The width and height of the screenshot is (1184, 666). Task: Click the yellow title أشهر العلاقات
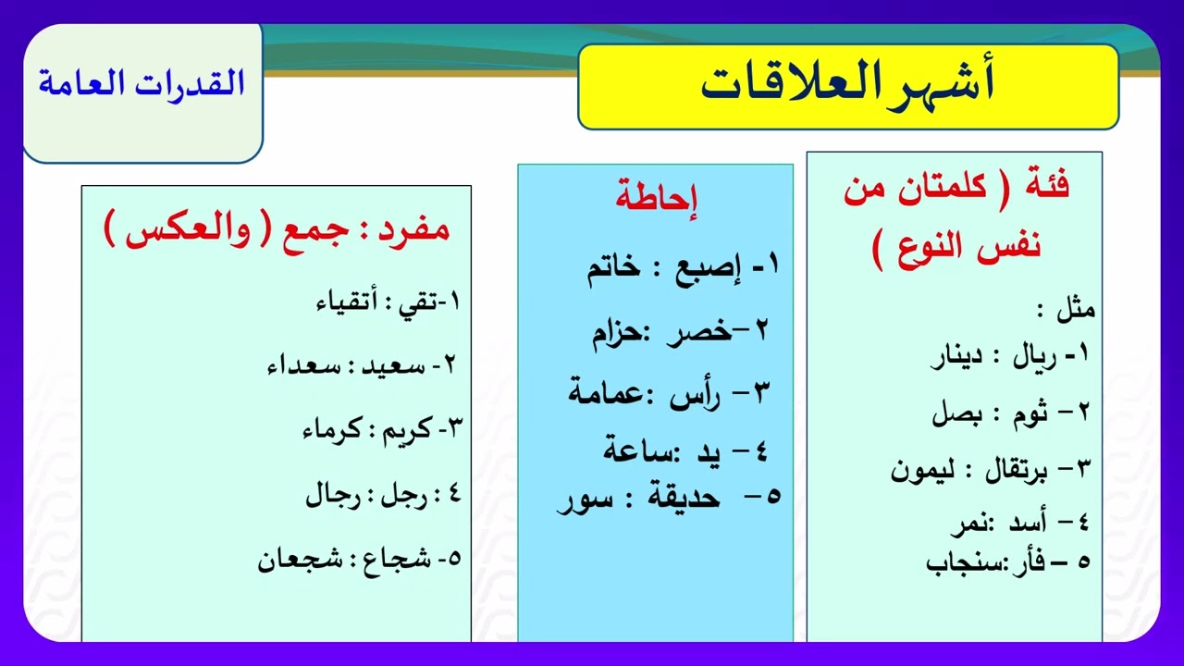point(847,85)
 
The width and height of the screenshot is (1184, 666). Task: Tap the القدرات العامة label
point(142,83)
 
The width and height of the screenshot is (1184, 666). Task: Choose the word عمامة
point(605,393)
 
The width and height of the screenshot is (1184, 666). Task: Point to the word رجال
point(332,497)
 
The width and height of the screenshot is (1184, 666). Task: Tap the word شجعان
point(287,560)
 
